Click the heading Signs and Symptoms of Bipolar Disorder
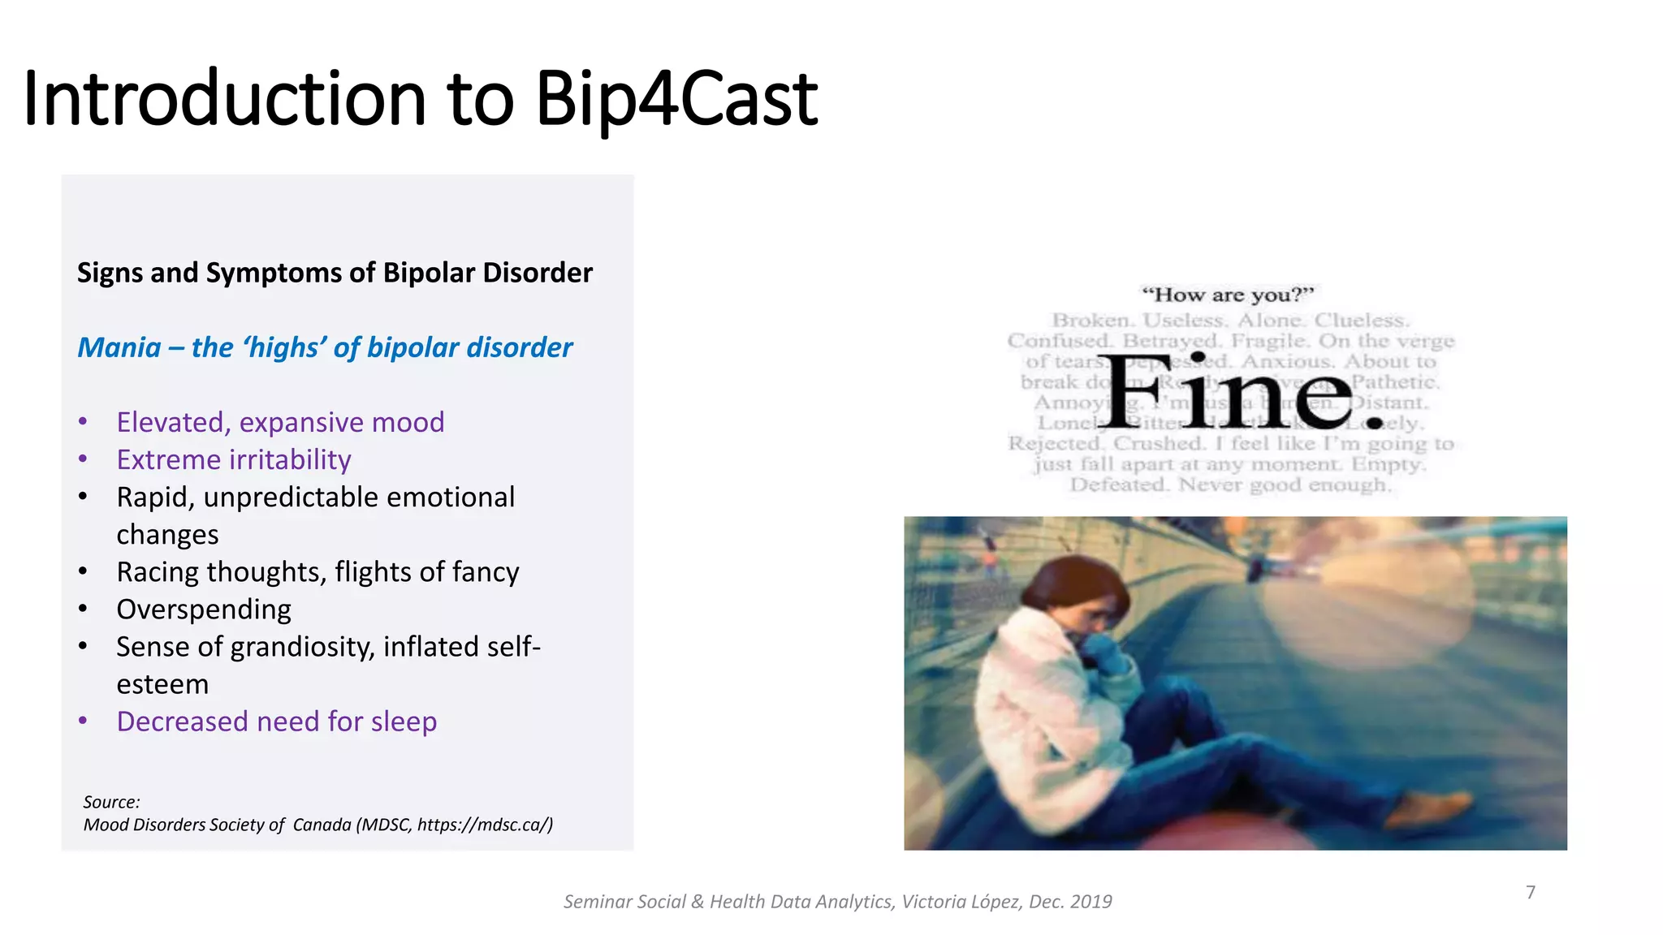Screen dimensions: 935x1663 pyautogui.click(x=335, y=273)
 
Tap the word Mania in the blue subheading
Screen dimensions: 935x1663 pyautogui.click(x=119, y=348)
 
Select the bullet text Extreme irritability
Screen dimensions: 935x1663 pyautogui.click(x=234, y=460)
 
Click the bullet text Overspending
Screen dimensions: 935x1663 pyautogui.click(x=204, y=610)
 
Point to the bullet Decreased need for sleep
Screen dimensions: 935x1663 pyautogui.click(x=276, y=722)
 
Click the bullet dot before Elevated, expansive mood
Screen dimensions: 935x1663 pyautogui.click(x=83, y=422)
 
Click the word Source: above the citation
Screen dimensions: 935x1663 pyautogui.click(x=111, y=802)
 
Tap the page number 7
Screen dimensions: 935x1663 pyautogui.click(x=1531, y=892)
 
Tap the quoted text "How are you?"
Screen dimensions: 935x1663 pyautogui.click(x=1227, y=295)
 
